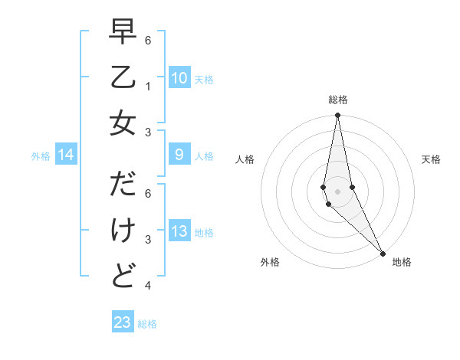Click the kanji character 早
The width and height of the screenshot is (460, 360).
[x=123, y=34]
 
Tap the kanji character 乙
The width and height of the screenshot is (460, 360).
[x=123, y=77]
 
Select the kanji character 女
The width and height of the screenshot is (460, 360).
[x=123, y=123]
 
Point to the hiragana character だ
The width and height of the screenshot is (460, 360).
[x=123, y=185]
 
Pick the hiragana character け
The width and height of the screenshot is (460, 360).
[x=123, y=230]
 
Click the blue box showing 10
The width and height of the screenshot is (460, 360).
[x=179, y=77]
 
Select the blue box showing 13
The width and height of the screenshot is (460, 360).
[x=179, y=232]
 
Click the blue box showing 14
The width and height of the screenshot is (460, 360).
[x=66, y=155]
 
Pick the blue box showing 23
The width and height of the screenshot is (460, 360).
[x=123, y=322]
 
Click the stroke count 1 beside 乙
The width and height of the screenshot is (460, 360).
[x=147, y=86]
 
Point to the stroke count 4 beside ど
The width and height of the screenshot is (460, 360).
[x=147, y=286]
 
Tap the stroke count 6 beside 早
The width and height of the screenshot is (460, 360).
[x=147, y=40]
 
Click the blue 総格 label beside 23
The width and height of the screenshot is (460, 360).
[x=147, y=324]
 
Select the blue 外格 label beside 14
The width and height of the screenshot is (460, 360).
[x=41, y=156]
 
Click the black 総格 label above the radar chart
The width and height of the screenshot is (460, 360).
[x=337, y=100]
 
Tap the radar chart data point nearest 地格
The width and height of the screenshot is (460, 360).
[x=383, y=252]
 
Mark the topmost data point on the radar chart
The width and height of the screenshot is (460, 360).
[x=337, y=116]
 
